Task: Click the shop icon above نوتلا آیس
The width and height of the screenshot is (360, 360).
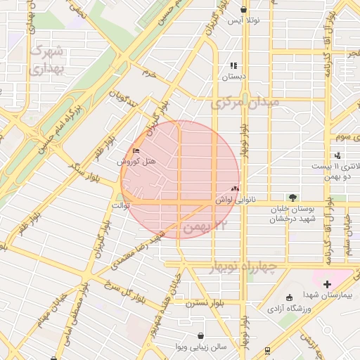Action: pyautogui.click(x=243, y=10)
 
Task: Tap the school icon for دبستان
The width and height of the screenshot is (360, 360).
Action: pyautogui.click(x=233, y=65)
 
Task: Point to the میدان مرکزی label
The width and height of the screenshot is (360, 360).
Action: pyautogui.click(x=245, y=103)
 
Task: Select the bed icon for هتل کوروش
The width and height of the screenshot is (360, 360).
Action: pyautogui.click(x=136, y=150)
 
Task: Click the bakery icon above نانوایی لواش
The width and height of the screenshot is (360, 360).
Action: pyautogui.click(x=235, y=188)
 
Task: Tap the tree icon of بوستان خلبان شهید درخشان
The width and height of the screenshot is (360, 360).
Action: pyautogui.click(x=292, y=198)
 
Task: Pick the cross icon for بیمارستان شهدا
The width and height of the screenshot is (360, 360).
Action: pyautogui.click(x=327, y=284)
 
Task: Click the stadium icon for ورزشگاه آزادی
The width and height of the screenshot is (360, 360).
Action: pyautogui.click(x=290, y=297)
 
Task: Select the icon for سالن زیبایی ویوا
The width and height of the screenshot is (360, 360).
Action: pyautogui.click(x=202, y=335)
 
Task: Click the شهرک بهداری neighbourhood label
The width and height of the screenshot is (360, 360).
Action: pyautogui.click(x=49, y=60)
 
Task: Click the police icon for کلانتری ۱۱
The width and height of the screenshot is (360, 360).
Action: pyautogui.click(x=338, y=155)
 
